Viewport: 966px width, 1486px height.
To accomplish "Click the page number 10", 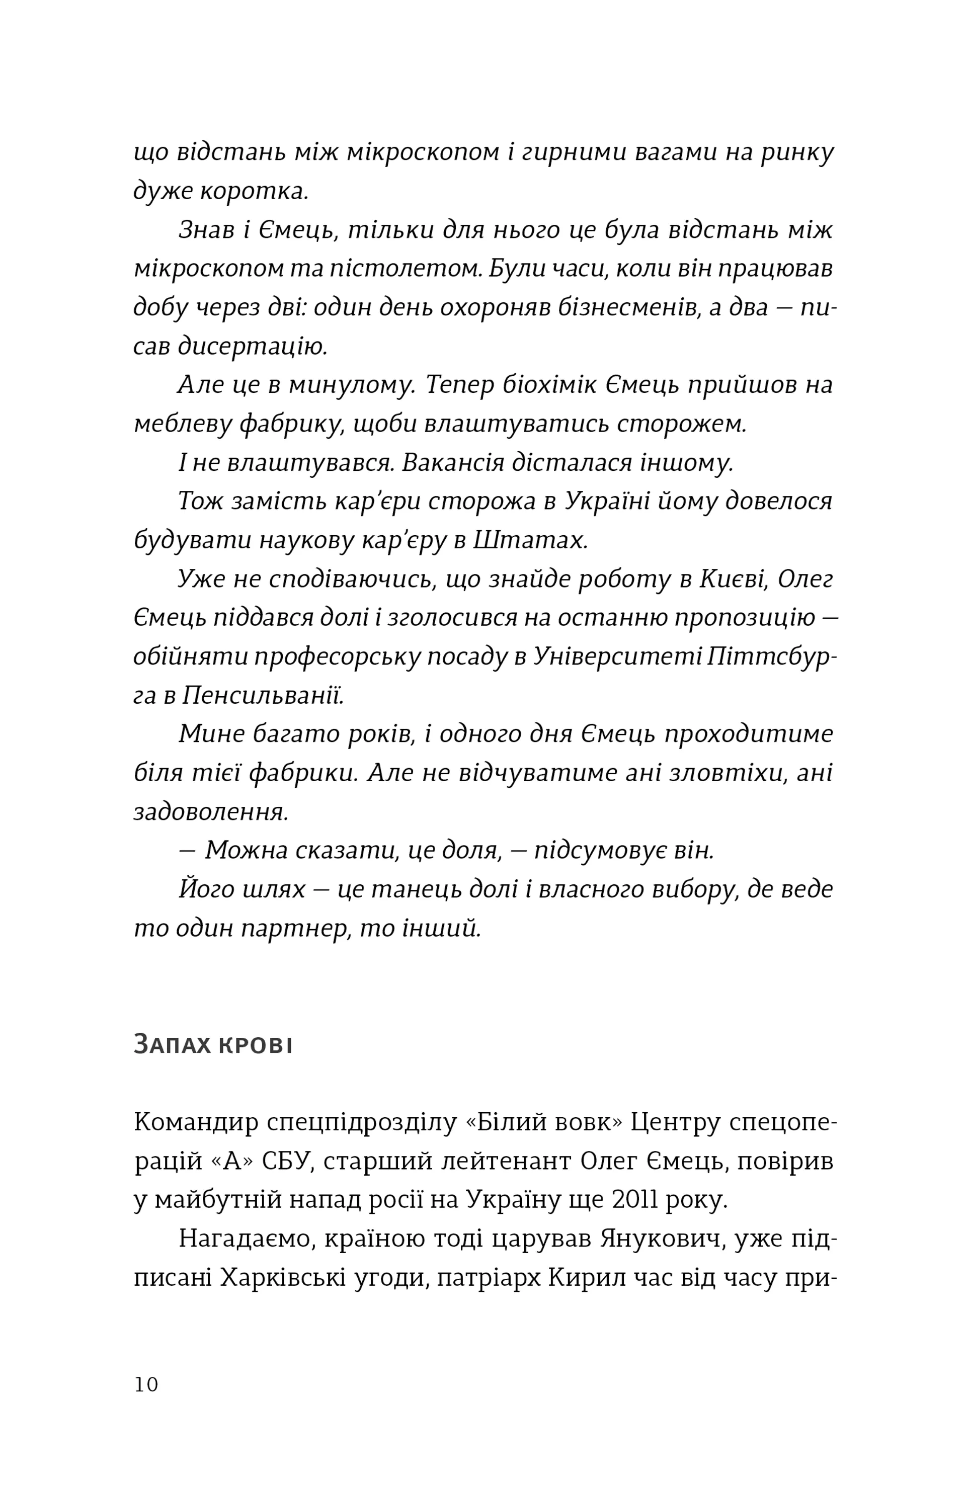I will pyautogui.click(x=146, y=1384).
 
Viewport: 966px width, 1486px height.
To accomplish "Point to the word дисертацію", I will pyautogui.click(x=253, y=347).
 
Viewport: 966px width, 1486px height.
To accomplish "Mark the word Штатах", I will pyautogui.click(x=530, y=540).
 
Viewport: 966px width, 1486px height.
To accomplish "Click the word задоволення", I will pyautogui.click(x=211, y=812).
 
